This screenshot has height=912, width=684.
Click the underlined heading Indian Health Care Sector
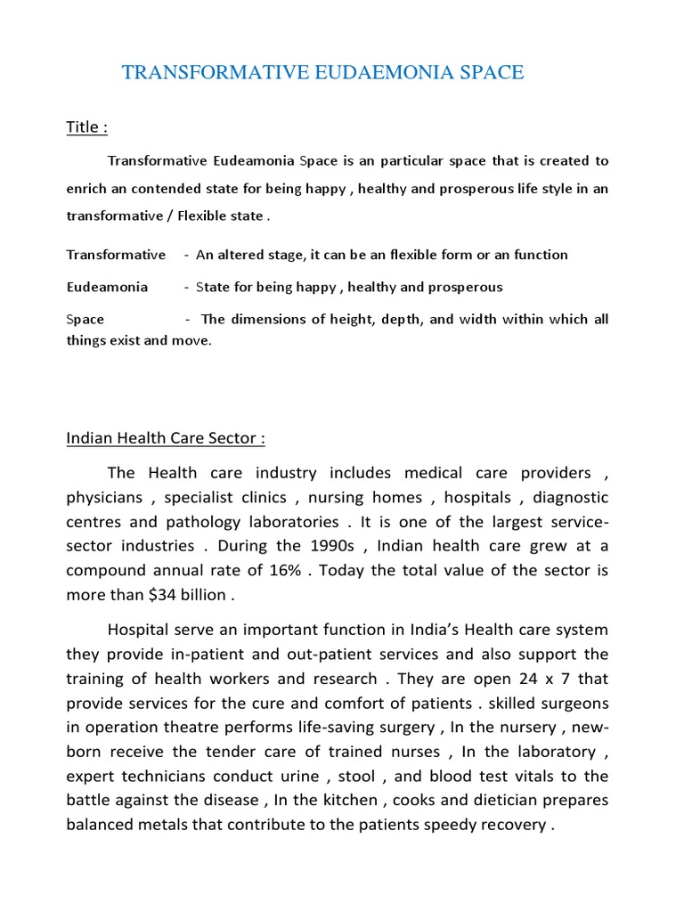[x=165, y=439]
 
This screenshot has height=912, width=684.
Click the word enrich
[x=87, y=189]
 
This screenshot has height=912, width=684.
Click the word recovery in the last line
[x=510, y=825]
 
